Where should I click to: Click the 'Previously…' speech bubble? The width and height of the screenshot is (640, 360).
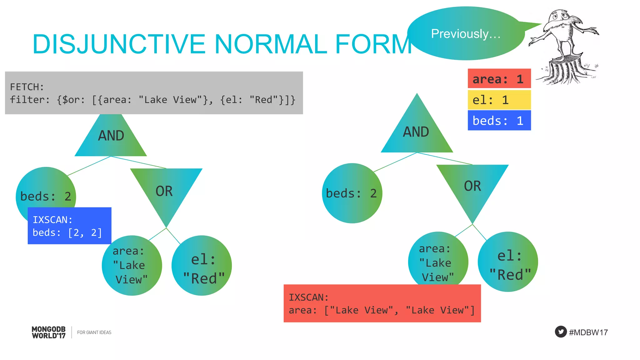pyautogui.click(x=466, y=34)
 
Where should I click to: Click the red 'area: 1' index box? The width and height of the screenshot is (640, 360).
pyautogui.click(x=499, y=79)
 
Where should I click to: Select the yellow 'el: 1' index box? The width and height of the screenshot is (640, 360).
pyautogui.click(x=499, y=100)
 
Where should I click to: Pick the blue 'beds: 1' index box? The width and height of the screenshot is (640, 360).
pyautogui.click(x=499, y=121)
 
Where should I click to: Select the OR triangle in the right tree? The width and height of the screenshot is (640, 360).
pyautogui.click(x=472, y=187)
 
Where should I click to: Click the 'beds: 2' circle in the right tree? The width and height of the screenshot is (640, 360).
pyautogui.click(x=352, y=193)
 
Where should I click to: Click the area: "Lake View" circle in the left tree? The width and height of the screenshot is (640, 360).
pyautogui.click(x=132, y=266)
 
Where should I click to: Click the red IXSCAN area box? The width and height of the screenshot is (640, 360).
pyautogui.click(x=382, y=303)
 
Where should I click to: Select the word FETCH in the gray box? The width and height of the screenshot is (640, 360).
pyautogui.click(x=27, y=87)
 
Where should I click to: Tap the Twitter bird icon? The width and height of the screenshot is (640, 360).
pyautogui.click(x=561, y=332)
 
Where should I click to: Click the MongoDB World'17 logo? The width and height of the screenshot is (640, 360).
pyautogui.click(x=49, y=332)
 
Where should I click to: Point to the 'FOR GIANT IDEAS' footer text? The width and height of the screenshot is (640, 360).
pyautogui.click(x=94, y=332)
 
